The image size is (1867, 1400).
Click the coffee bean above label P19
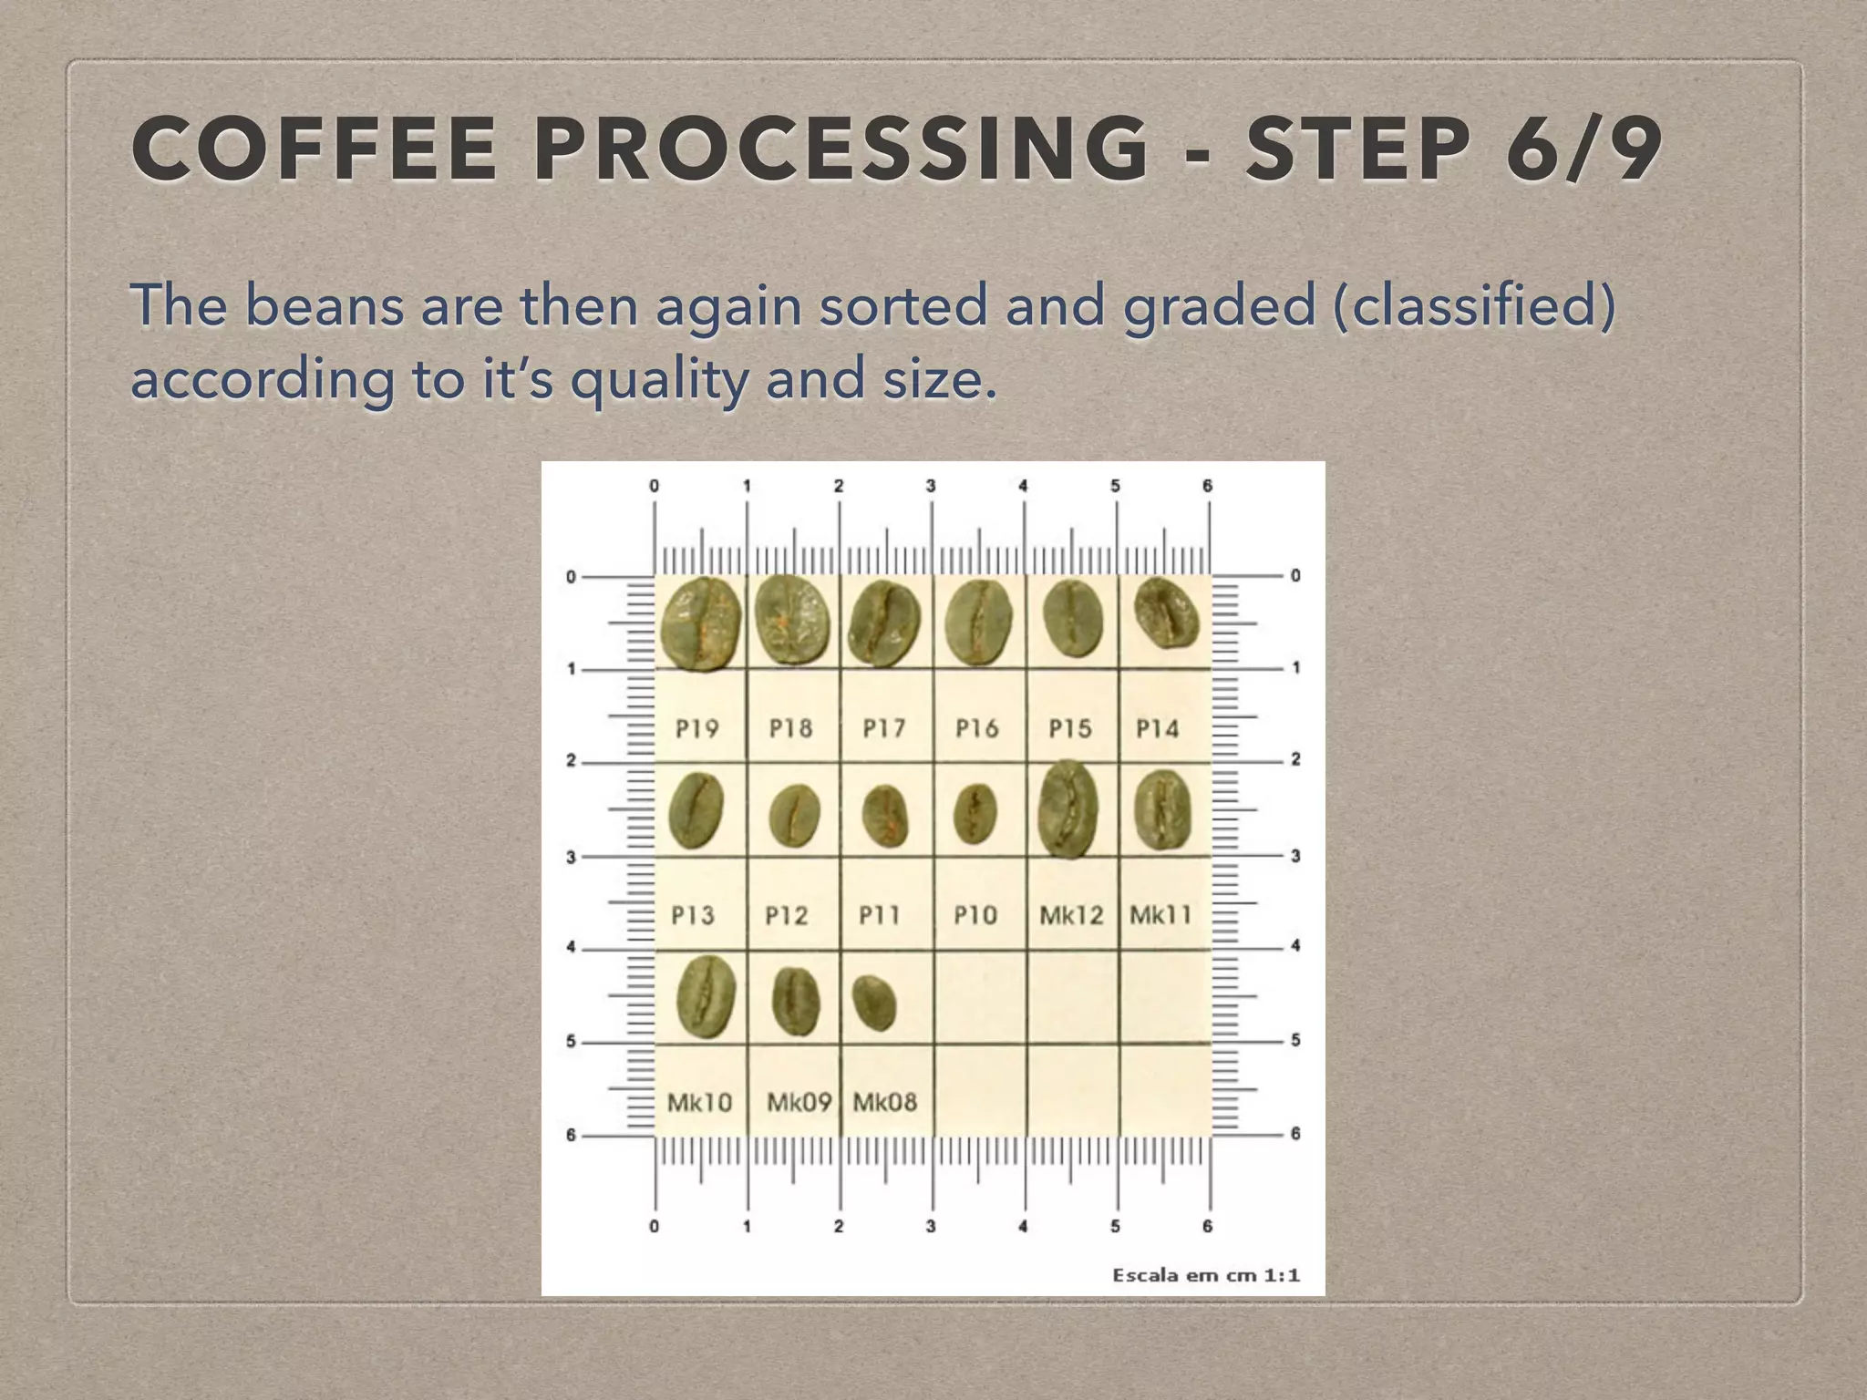(x=700, y=624)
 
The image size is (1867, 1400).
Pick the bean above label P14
(x=1166, y=613)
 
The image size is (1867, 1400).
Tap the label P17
(x=883, y=728)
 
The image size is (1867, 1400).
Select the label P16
(x=976, y=728)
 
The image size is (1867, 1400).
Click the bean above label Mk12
(x=1068, y=809)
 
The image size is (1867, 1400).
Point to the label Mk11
(x=1160, y=914)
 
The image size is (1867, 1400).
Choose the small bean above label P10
(x=975, y=813)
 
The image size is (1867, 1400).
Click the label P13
(x=693, y=914)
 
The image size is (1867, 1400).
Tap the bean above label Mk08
(x=874, y=1004)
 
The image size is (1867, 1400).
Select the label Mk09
(x=799, y=1103)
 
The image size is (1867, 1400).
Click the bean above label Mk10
(x=706, y=997)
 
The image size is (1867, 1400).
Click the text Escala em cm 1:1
(x=1205, y=1275)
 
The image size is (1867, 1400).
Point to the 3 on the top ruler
(x=931, y=486)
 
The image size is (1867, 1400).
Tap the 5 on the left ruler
(x=572, y=1041)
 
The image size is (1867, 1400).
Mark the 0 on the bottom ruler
(x=654, y=1227)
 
